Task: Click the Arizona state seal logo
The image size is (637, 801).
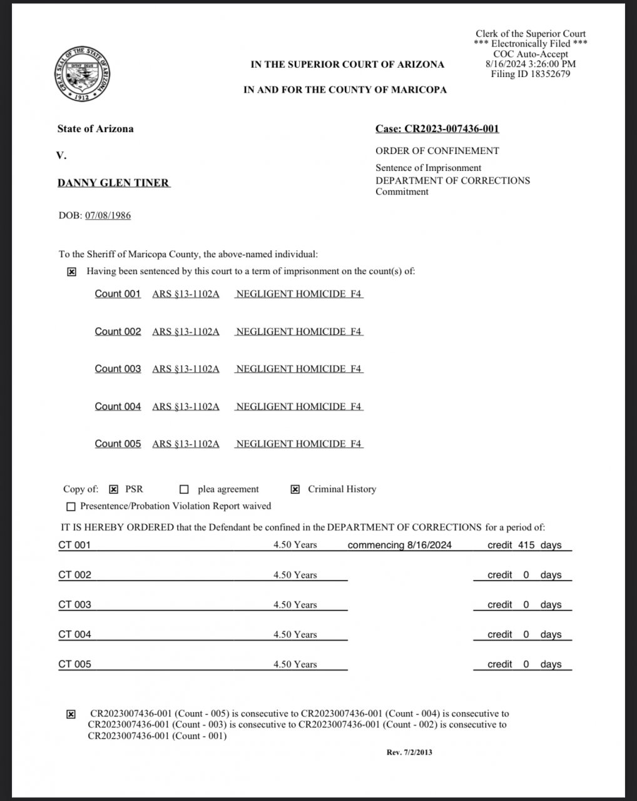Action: tap(83, 74)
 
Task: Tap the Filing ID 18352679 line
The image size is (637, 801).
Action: tap(531, 74)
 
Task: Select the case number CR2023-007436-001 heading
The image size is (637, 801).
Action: tap(437, 129)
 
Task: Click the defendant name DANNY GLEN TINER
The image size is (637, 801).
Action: tap(113, 183)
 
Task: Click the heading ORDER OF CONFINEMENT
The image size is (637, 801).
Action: tap(437, 151)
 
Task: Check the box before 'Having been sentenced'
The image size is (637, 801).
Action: tap(72, 272)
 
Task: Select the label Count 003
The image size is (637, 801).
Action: tap(118, 369)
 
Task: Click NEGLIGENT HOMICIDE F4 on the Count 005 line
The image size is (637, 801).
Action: tap(298, 444)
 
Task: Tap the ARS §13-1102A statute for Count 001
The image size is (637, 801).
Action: tap(186, 293)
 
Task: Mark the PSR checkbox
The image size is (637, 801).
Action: tap(114, 489)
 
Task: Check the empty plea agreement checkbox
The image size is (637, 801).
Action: tap(184, 489)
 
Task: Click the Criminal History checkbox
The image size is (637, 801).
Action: tap(295, 489)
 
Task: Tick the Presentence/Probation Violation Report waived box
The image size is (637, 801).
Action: tap(71, 506)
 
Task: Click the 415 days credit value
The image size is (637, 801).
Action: tap(526, 545)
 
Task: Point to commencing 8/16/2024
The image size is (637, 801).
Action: tap(399, 545)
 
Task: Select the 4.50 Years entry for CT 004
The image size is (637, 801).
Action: tap(295, 635)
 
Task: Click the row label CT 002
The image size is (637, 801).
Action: tap(74, 574)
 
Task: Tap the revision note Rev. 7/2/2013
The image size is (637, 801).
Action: tap(409, 752)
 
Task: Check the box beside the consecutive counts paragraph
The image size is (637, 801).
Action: tap(71, 714)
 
